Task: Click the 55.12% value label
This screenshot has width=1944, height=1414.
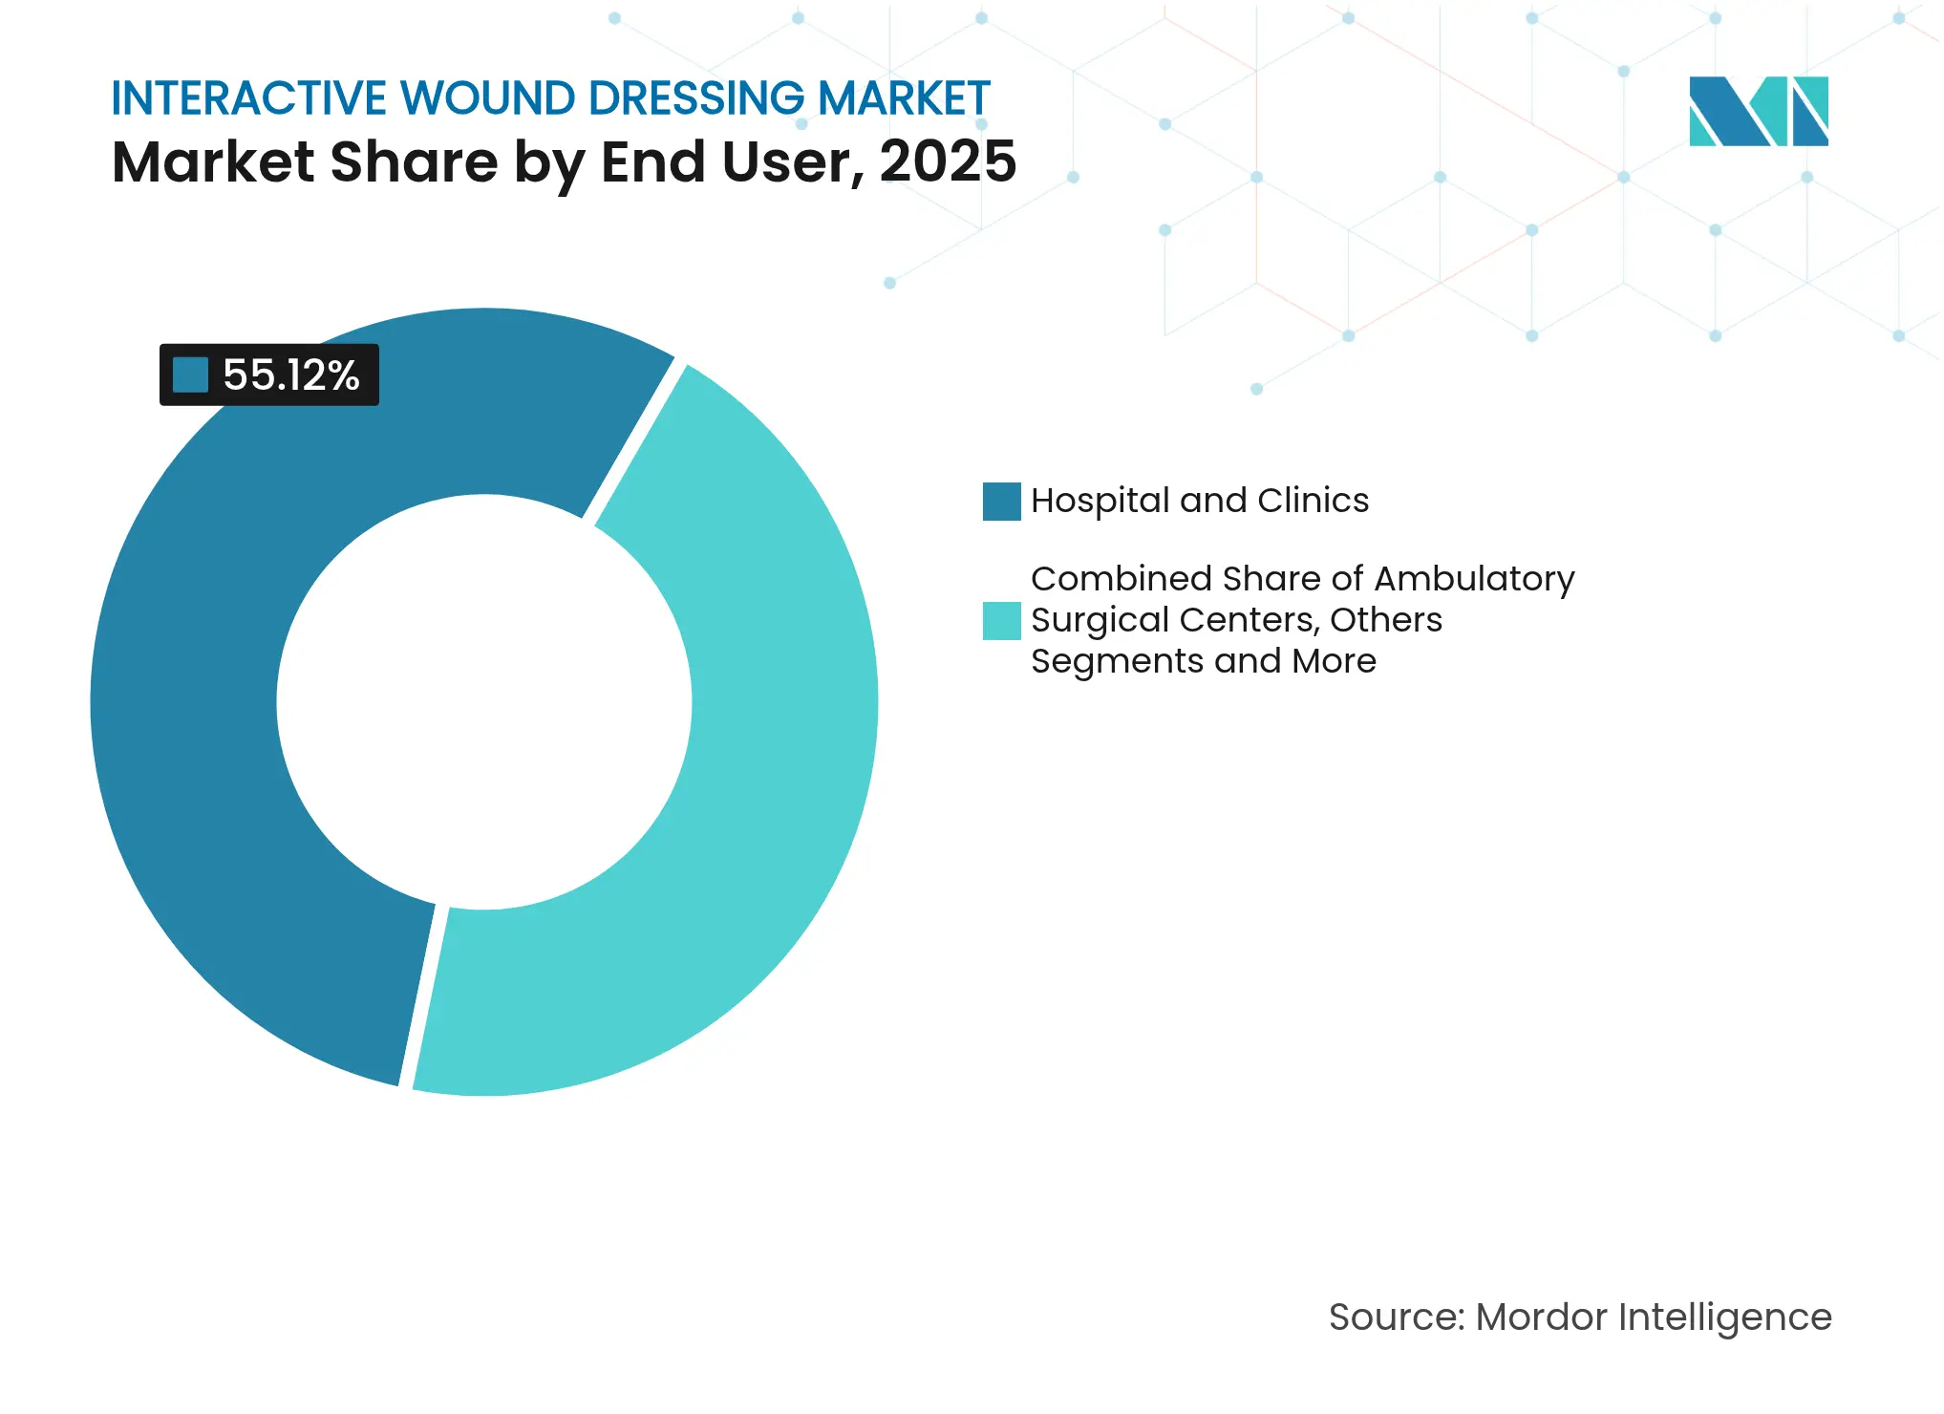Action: point(290,375)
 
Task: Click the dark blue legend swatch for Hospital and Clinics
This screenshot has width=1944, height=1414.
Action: point(1001,502)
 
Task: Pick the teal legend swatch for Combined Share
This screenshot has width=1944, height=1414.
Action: point(1001,621)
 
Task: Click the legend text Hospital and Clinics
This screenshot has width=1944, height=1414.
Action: point(1199,501)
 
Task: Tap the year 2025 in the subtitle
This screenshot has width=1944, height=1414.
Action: point(948,161)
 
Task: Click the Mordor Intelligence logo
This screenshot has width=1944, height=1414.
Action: point(1758,112)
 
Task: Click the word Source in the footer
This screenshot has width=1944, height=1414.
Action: point(1395,1318)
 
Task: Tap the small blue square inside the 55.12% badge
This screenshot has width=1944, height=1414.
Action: point(190,375)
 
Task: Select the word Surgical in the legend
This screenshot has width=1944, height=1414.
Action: point(1100,620)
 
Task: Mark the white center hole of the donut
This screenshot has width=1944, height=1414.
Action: point(483,702)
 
